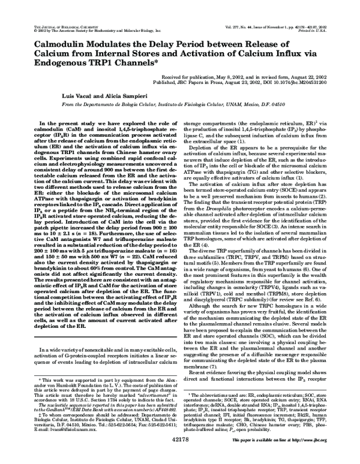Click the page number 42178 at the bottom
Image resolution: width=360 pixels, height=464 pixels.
click(x=179, y=456)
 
